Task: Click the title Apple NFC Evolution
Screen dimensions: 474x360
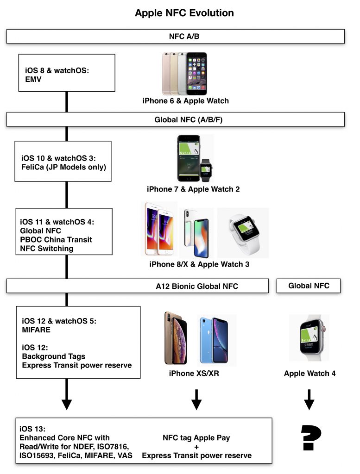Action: tap(184, 13)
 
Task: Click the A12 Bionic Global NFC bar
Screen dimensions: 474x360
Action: tap(138, 286)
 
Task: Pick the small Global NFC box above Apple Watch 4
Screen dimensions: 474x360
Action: tap(309, 286)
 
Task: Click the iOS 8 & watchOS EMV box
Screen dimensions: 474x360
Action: tap(67, 73)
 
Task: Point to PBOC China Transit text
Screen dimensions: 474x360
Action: tap(56, 239)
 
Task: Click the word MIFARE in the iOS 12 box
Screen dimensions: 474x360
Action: tap(36, 330)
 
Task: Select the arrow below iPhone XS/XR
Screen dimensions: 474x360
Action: tap(196, 400)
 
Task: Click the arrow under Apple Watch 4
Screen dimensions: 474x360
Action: tap(309, 400)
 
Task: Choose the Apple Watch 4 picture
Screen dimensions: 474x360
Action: tap(309, 338)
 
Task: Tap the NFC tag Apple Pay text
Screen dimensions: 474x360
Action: tap(196, 437)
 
